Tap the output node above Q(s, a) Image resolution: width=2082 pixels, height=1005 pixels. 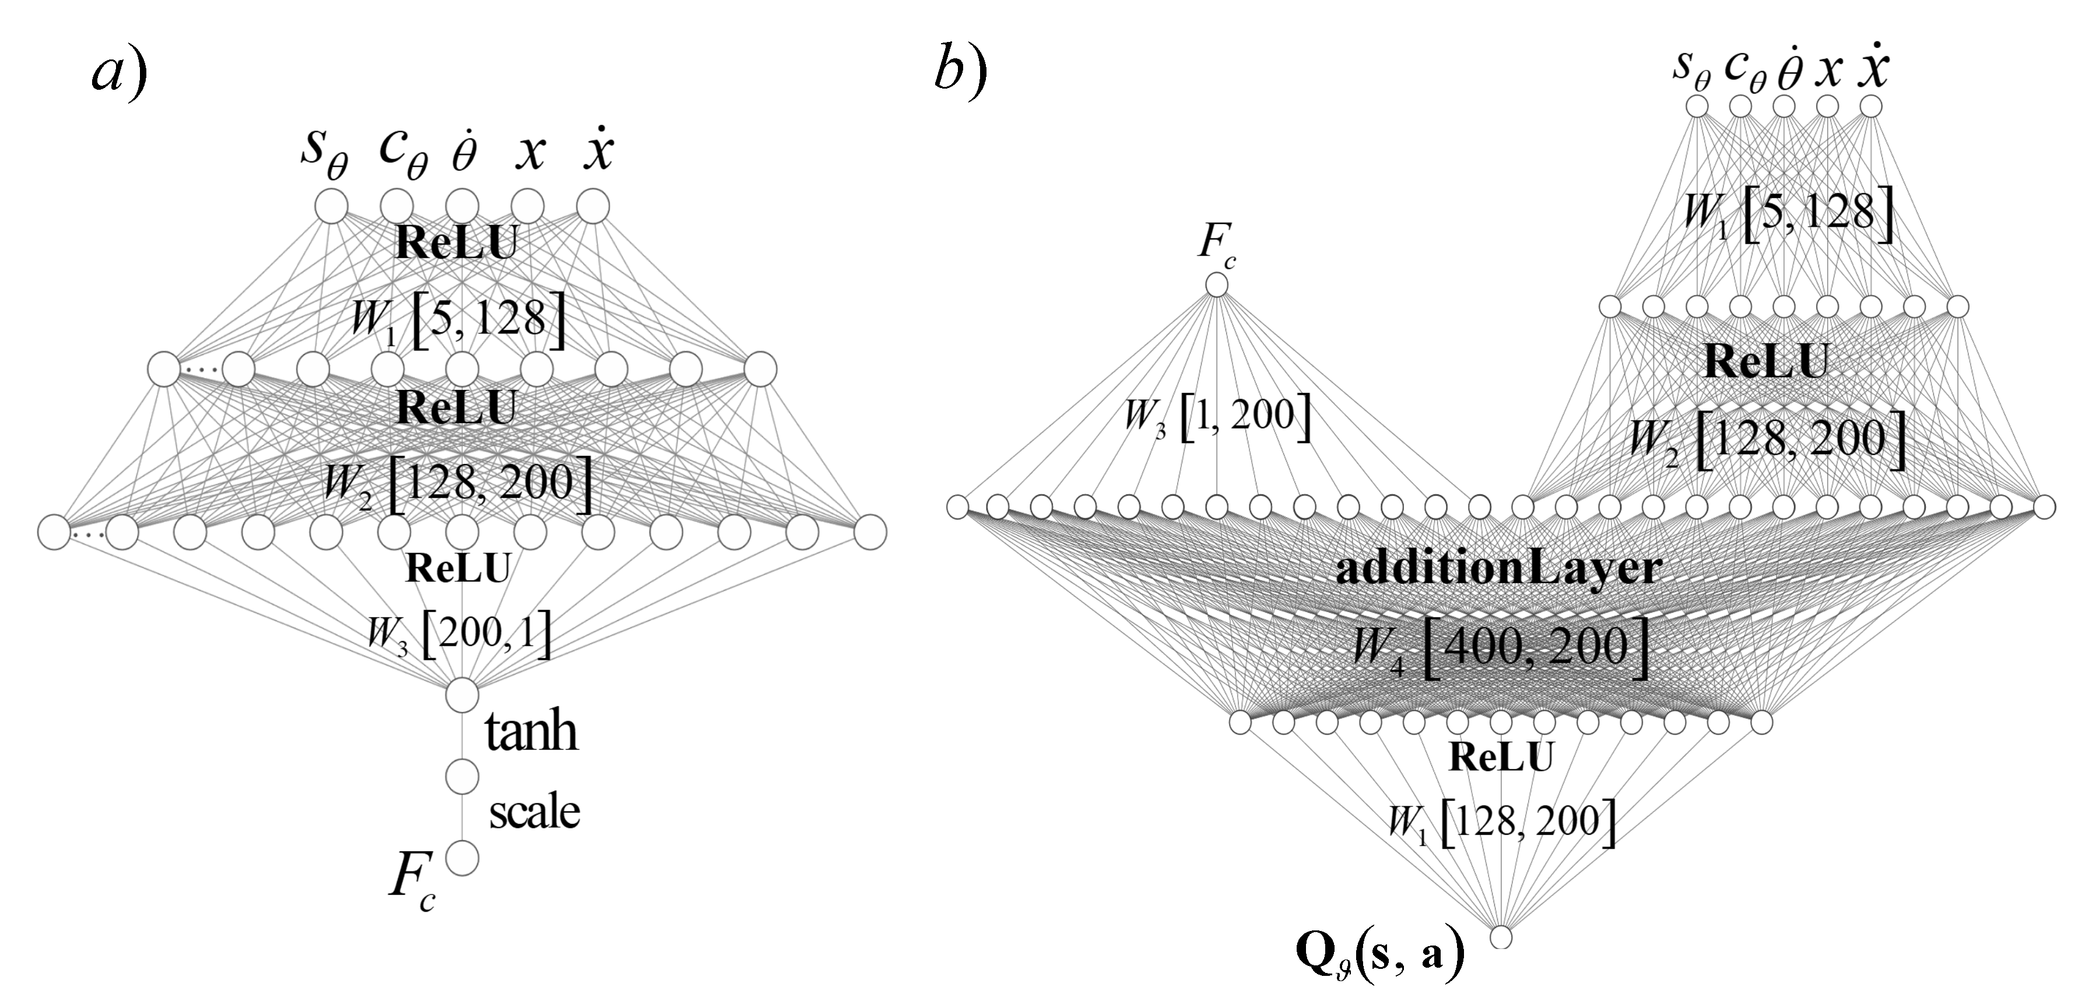[1501, 937]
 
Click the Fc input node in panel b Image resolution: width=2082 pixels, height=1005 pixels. [1216, 284]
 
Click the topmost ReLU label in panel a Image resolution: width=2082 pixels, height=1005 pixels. [456, 243]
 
